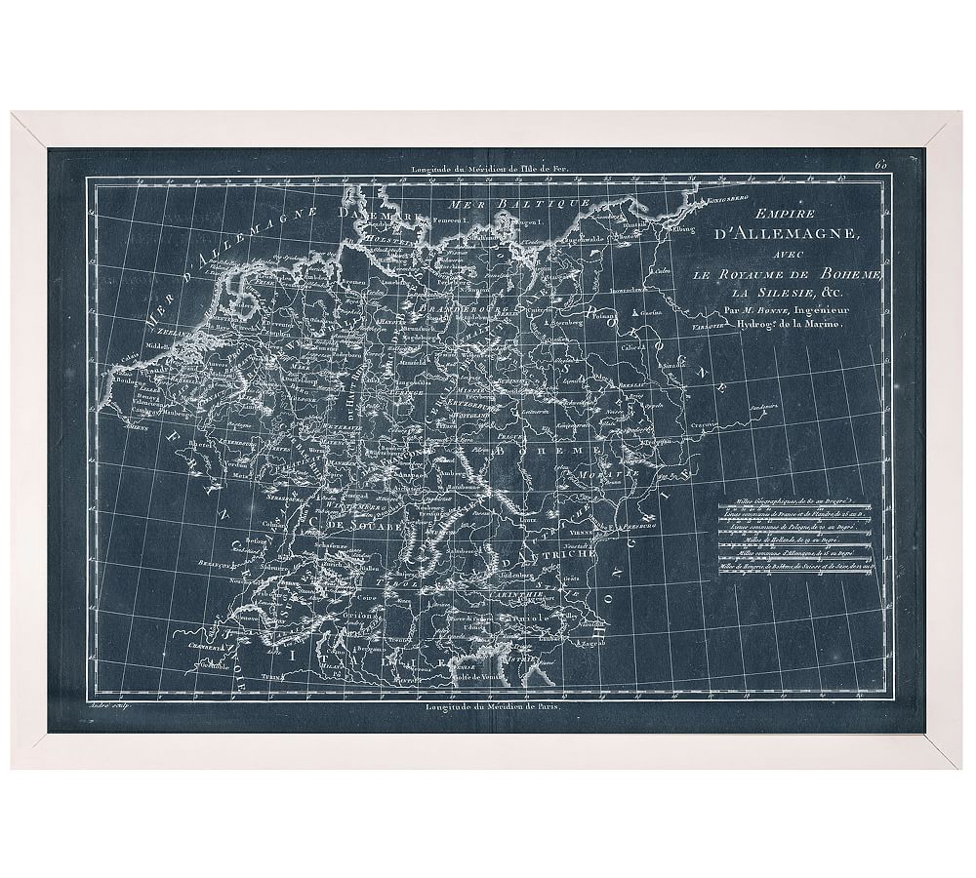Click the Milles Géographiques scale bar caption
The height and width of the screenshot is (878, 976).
[x=791, y=510]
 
